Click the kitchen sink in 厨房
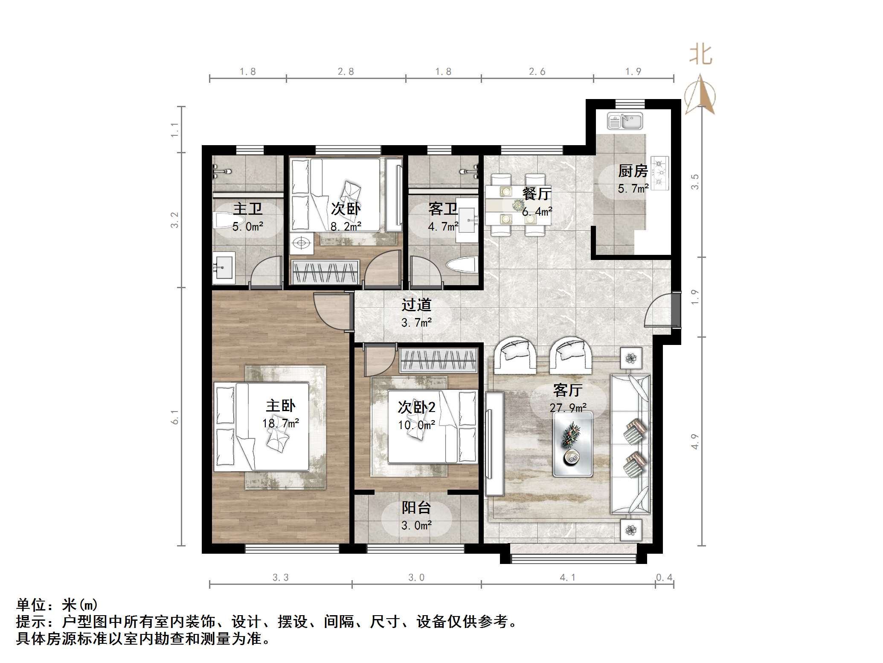tap(624, 121)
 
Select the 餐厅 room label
tap(537, 193)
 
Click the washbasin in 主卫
tap(224, 268)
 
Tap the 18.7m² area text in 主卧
tap(280, 423)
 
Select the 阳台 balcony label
tap(416, 508)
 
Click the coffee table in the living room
tap(572, 444)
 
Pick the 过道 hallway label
tap(416, 305)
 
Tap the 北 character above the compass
tap(700, 55)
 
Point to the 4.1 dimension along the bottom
tap(567, 578)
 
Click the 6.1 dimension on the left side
tap(175, 417)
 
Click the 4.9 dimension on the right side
tap(695, 441)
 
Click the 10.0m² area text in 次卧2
tap(416, 425)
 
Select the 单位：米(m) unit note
tap(57, 605)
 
